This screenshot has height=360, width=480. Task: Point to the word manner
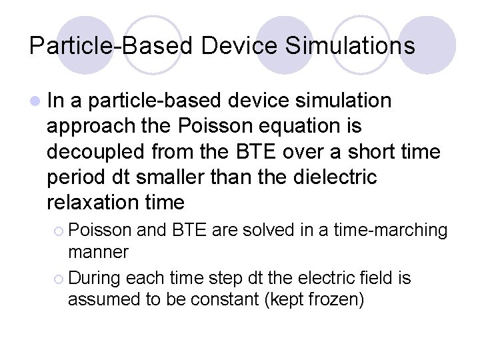tap(98, 253)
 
